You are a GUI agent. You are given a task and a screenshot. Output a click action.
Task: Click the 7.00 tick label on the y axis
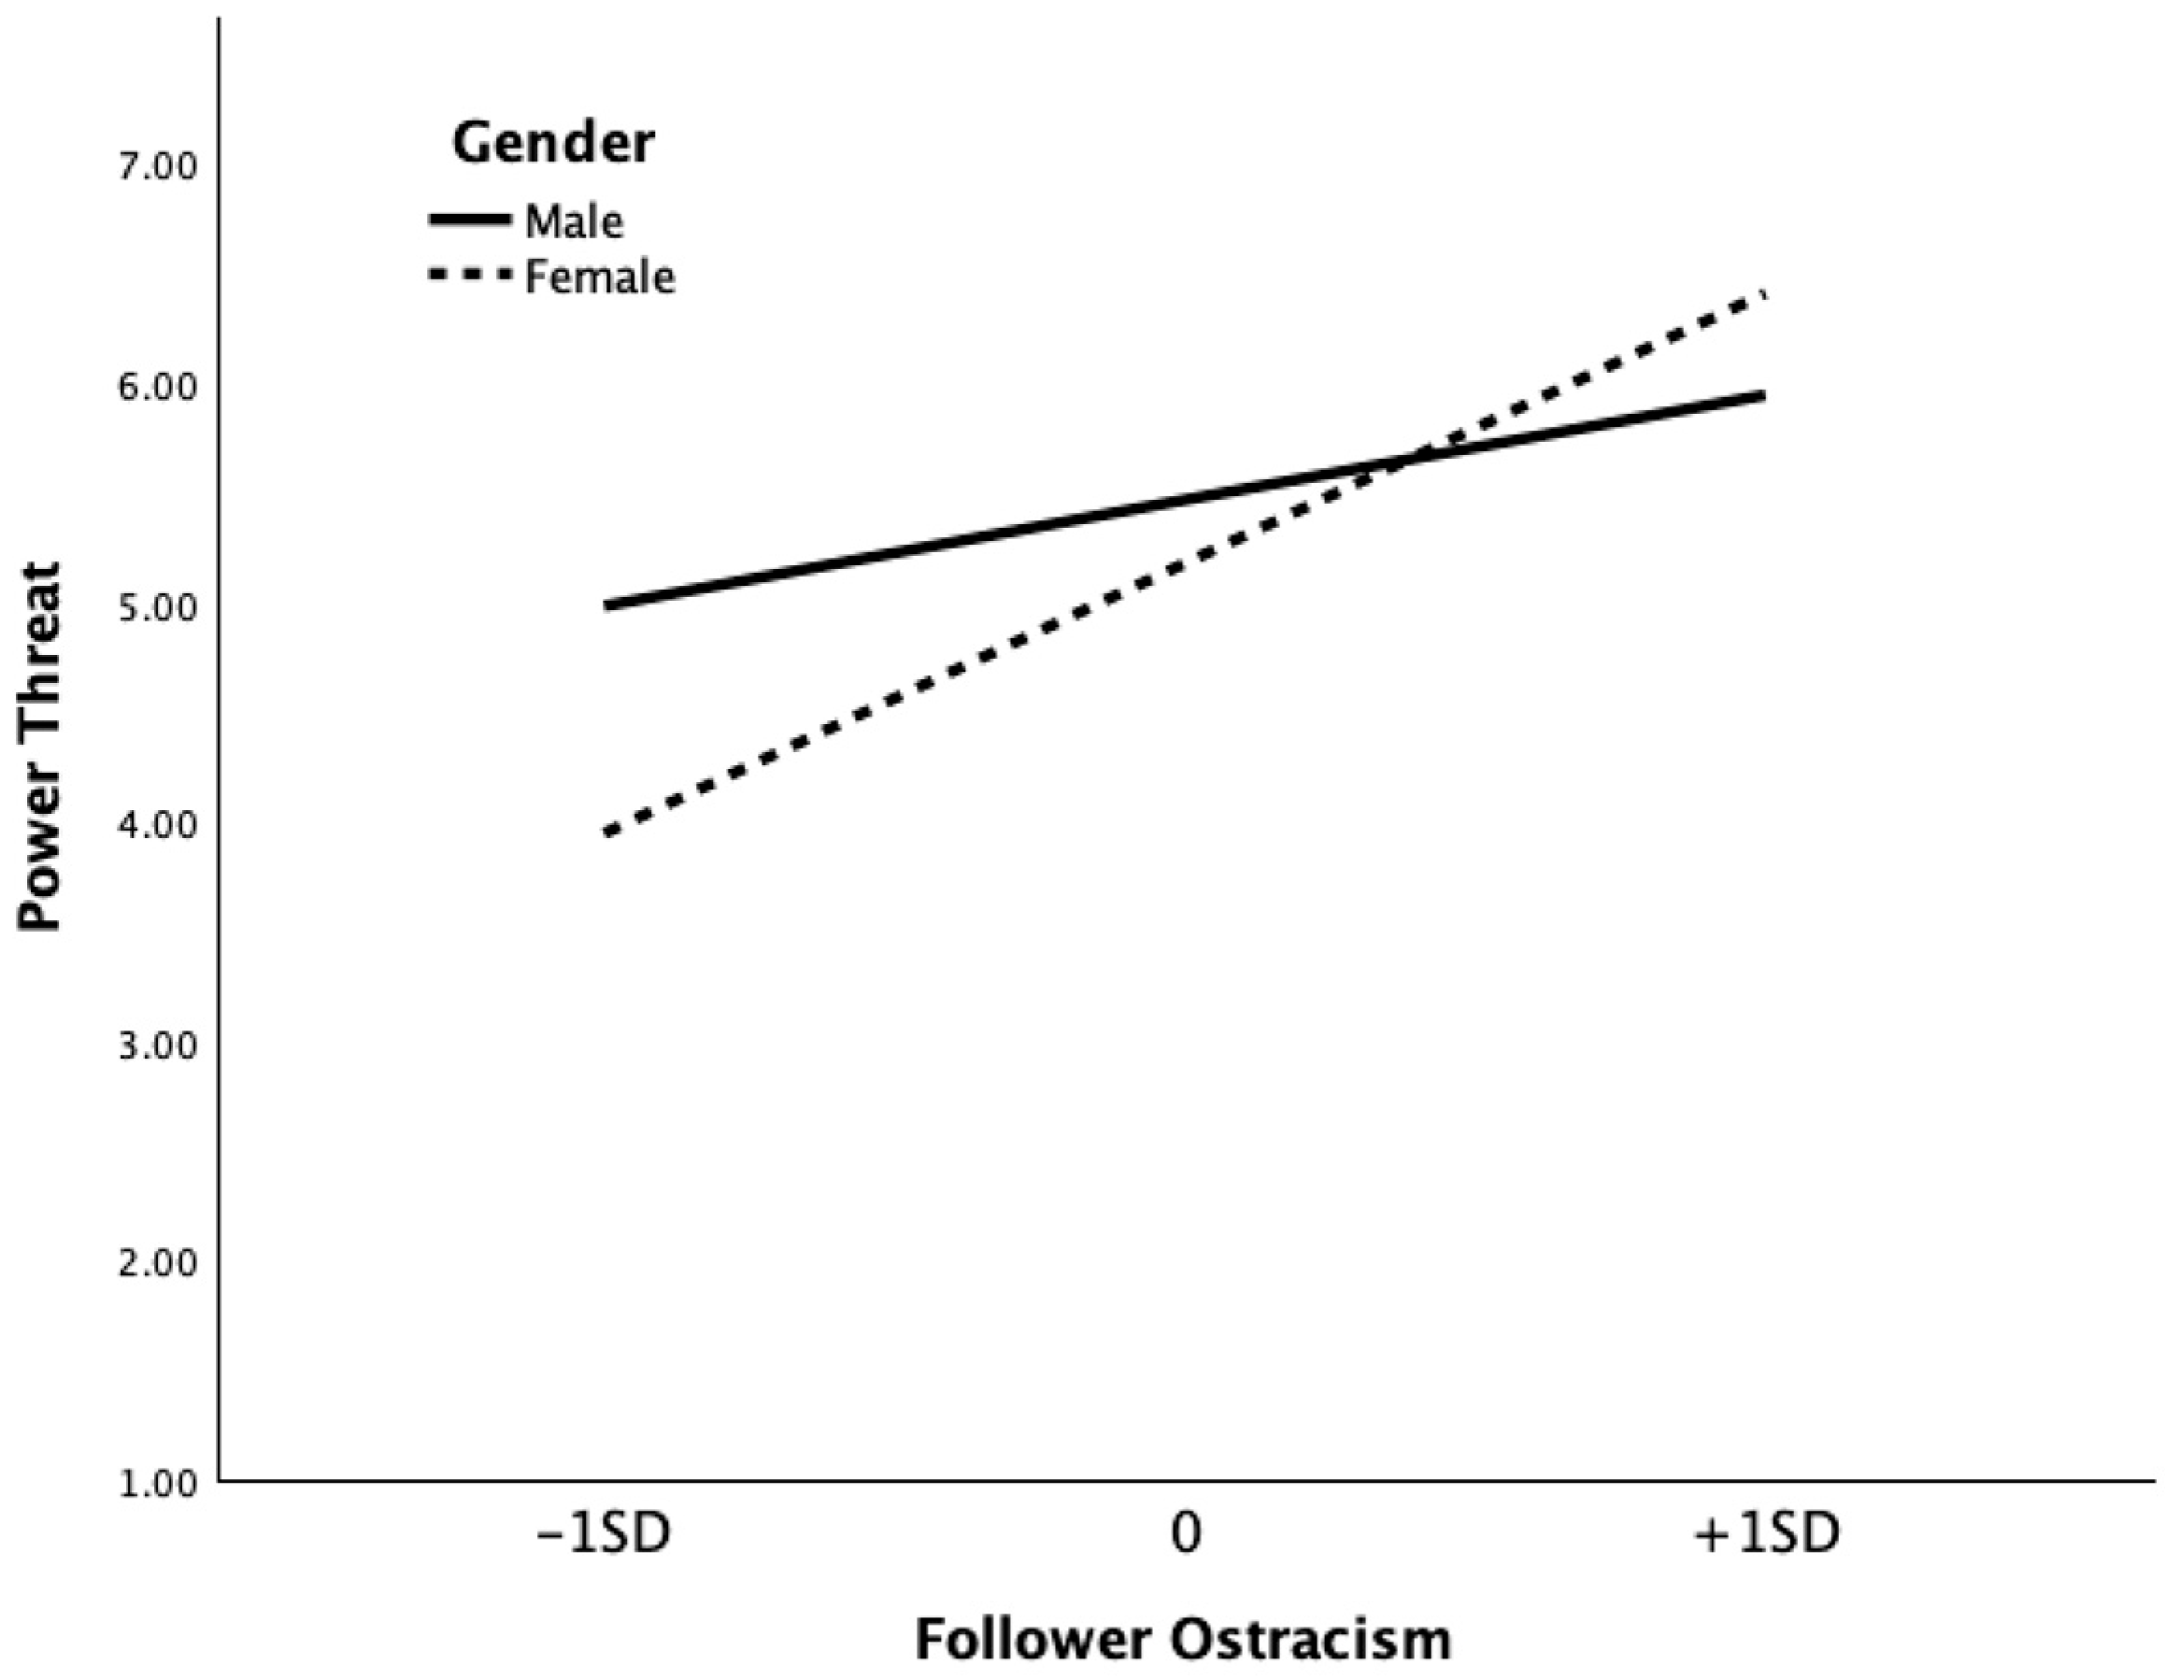point(159,166)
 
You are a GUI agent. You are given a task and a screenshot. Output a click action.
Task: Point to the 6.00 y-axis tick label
point(159,387)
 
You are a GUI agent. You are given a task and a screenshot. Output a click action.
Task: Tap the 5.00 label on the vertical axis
point(159,605)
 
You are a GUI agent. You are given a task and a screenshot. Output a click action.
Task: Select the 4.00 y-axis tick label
point(159,825)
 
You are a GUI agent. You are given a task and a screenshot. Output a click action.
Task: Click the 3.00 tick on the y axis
point(159,1045)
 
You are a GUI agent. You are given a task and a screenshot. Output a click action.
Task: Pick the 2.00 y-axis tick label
point(159,1264)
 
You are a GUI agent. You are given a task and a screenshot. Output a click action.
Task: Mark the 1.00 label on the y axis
point(159,1484)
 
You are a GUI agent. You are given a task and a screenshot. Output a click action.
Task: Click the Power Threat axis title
point(42,747)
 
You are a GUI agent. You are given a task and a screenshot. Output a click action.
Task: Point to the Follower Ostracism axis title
point(1183,1641)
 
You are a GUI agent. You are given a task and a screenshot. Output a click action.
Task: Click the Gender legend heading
point(553,143)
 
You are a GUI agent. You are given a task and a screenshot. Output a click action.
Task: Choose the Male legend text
point(574,221)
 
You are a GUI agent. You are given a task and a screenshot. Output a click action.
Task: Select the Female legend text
point(599,277)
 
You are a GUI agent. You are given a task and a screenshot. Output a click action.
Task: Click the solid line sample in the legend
point(469,220)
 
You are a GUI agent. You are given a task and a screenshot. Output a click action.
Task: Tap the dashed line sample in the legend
point(469,276)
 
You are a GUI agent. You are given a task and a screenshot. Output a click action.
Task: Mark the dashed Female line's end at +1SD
point(1763,294)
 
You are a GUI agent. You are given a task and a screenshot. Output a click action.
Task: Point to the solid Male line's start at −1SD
point(605,605)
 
